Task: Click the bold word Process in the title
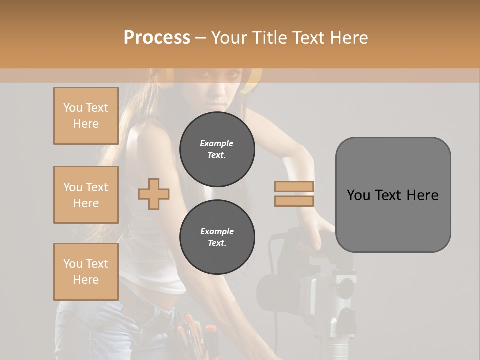(x=157, y=38)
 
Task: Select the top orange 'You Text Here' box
(x=86, y=116)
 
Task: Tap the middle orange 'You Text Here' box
(x=86, y=195)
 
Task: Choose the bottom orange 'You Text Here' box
(x=86, y=272)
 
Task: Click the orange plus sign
(x=154, y=193)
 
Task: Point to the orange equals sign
(x=294, y=194)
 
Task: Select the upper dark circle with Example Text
(x=217, y=149)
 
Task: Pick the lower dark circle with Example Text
(x=217, y=237)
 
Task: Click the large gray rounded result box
(x=393, y=195)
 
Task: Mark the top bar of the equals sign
(x=294, y=187)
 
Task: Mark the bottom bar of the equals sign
(x=294, y=201)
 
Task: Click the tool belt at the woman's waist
(x=195, y=335)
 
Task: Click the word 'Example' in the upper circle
(x=216, y=143)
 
